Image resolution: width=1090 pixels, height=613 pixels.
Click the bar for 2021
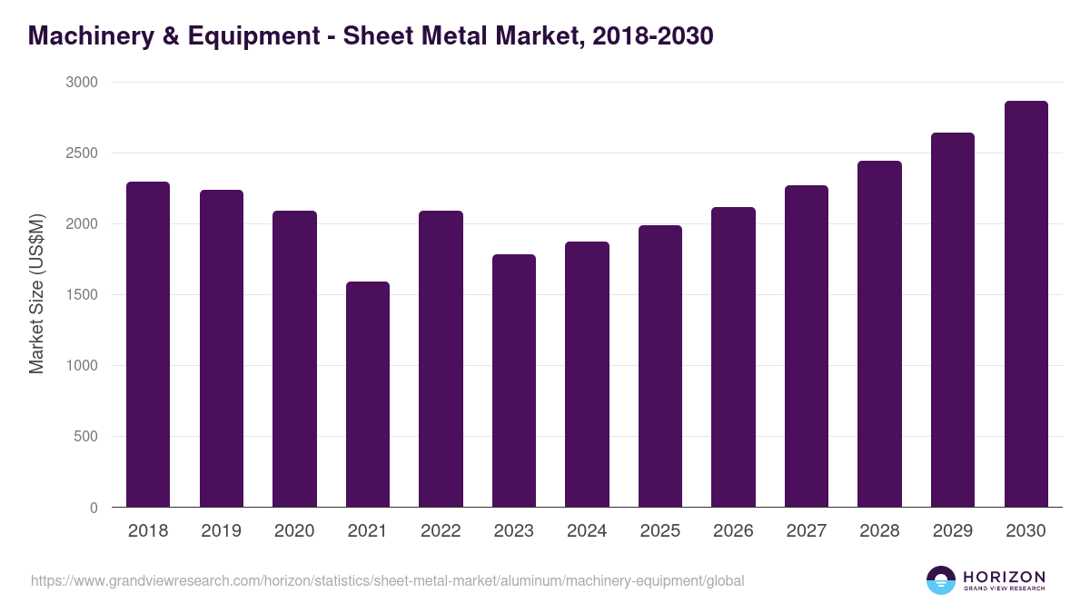point(368,394)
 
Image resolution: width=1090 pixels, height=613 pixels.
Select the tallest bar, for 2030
point(1026,304)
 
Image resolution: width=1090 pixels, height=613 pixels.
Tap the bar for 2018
point(148,344)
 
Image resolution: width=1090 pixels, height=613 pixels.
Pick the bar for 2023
point(514,381)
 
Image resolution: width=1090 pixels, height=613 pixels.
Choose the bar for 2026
point(733,357)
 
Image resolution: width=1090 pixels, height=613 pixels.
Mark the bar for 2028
point(879,334)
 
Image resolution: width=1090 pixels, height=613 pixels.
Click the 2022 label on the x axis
point(441,531)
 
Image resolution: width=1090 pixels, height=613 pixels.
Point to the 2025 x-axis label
point(659,531)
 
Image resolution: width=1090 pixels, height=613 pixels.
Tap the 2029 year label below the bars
point(953,531)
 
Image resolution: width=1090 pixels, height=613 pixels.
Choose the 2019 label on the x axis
point(221,531)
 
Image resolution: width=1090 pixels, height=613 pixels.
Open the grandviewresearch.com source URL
point(387,580)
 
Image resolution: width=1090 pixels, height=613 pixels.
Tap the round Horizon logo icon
point(941,580)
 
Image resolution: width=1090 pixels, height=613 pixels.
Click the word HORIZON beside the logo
point(1004,577)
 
